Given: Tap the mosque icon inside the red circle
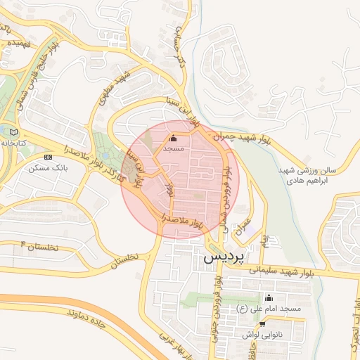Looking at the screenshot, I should pos(174,139).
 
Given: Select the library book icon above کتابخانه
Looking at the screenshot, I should pos(15,131).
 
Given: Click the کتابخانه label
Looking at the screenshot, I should pos(15,143).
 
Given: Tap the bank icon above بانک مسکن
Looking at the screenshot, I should pos(49,156).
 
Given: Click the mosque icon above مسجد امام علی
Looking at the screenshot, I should pos(268,297).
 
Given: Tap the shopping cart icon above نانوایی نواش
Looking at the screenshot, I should pos(263,324).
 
